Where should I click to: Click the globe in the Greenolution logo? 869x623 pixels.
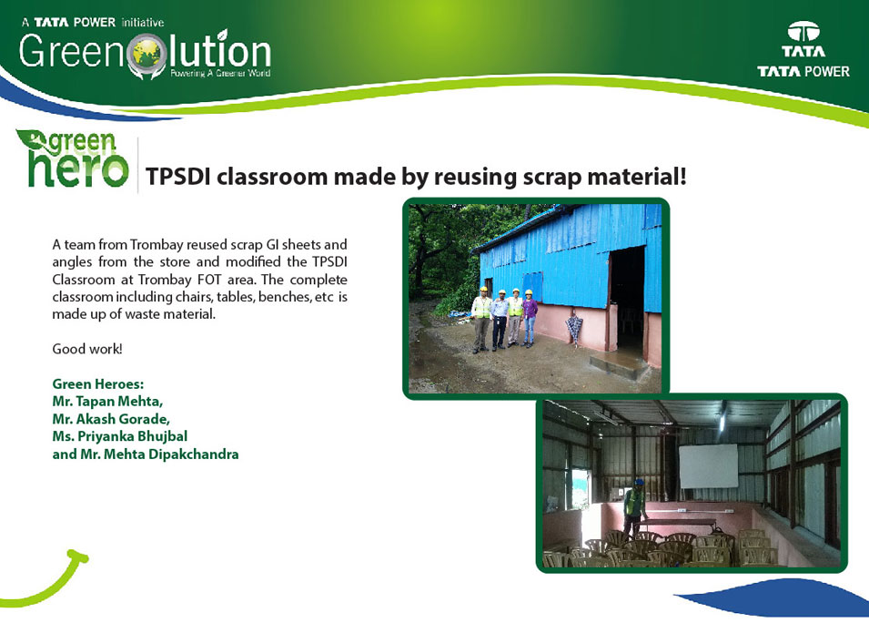(x=147, y=54)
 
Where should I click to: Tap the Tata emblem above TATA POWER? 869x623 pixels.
(x=803, y=32)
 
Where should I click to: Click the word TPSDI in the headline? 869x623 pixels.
(x=178, y=177)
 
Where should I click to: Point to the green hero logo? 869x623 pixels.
(x=73, y=158)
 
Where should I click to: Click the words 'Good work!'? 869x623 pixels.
(x=87, y=349)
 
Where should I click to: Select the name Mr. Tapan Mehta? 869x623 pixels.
(x=107, y=401)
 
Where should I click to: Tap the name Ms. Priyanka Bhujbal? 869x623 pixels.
(x=120, y=436)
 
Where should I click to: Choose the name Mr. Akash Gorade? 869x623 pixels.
(x=111, y=419)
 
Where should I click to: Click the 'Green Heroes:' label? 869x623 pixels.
(x=98, y=383)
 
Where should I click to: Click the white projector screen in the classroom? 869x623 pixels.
(x=708, y=466)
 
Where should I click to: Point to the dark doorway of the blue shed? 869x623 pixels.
(x=627, y=300)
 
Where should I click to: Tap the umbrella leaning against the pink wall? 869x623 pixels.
(x=573, y=330)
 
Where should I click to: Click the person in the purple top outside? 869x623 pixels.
(x=530, y=318)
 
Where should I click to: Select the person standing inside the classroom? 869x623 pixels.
(x=633, y=507)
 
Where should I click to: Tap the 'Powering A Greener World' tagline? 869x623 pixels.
(x=220, y=73)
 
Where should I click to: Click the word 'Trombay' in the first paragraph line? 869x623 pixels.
(x=156, y=245)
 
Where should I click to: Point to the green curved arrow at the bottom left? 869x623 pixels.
(x=49, y=580)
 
